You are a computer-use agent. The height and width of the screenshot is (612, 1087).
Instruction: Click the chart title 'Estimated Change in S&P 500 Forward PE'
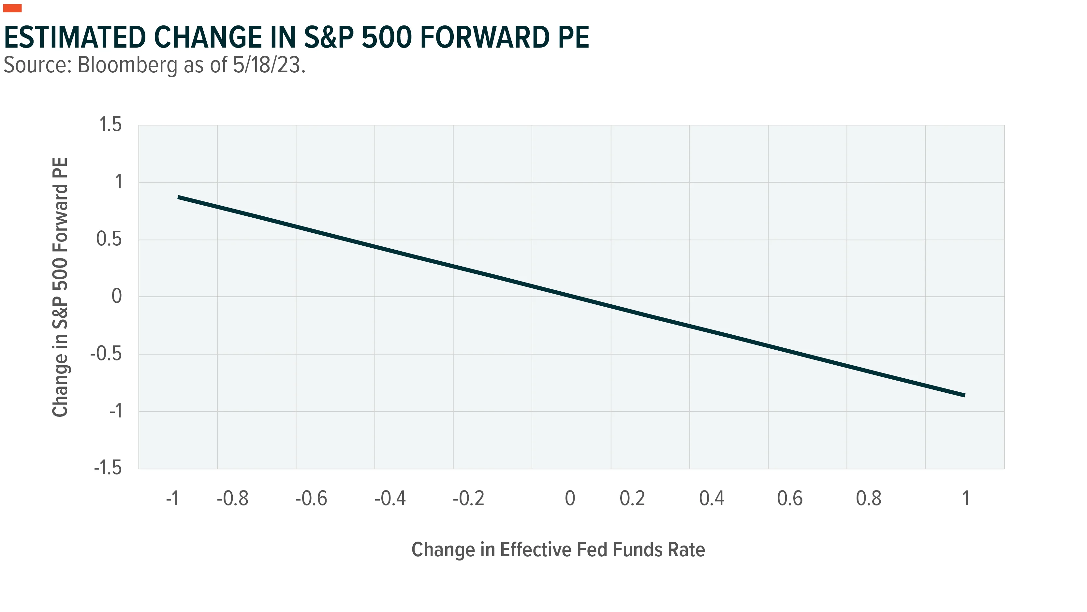click(296, 37)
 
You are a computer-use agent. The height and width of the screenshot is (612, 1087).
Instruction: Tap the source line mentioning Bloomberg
click(154, 66)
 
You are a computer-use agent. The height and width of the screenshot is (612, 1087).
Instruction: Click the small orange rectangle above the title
click(12, 8)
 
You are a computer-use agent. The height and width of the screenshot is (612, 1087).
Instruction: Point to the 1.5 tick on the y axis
click(110, 125)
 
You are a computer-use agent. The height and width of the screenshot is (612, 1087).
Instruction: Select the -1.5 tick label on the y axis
click(108, 468)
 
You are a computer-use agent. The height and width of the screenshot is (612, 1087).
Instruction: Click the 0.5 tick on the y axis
click(109, 239)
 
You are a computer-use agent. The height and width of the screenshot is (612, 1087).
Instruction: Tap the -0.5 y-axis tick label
click(106, 354)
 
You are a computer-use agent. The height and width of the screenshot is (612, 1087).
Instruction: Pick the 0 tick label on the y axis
click(117, 296)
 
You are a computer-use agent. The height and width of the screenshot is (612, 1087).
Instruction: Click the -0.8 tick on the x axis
click(232, 499)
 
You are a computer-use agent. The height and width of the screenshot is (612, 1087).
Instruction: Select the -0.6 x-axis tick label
click(311, 499)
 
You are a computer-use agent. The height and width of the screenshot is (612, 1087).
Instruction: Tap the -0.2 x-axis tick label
click(468, 499)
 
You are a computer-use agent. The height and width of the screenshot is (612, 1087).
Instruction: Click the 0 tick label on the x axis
click(570, 499)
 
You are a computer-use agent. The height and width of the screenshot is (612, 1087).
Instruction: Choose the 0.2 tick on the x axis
click(632, 499)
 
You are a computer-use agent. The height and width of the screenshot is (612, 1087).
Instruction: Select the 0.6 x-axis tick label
click(789, 499)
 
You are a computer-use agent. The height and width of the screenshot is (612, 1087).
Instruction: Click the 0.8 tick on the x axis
click(868, 499)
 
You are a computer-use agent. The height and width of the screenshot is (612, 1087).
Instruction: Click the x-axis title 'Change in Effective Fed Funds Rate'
click(558, 549)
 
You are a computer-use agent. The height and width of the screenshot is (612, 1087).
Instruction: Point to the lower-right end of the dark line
click(965, 396)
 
